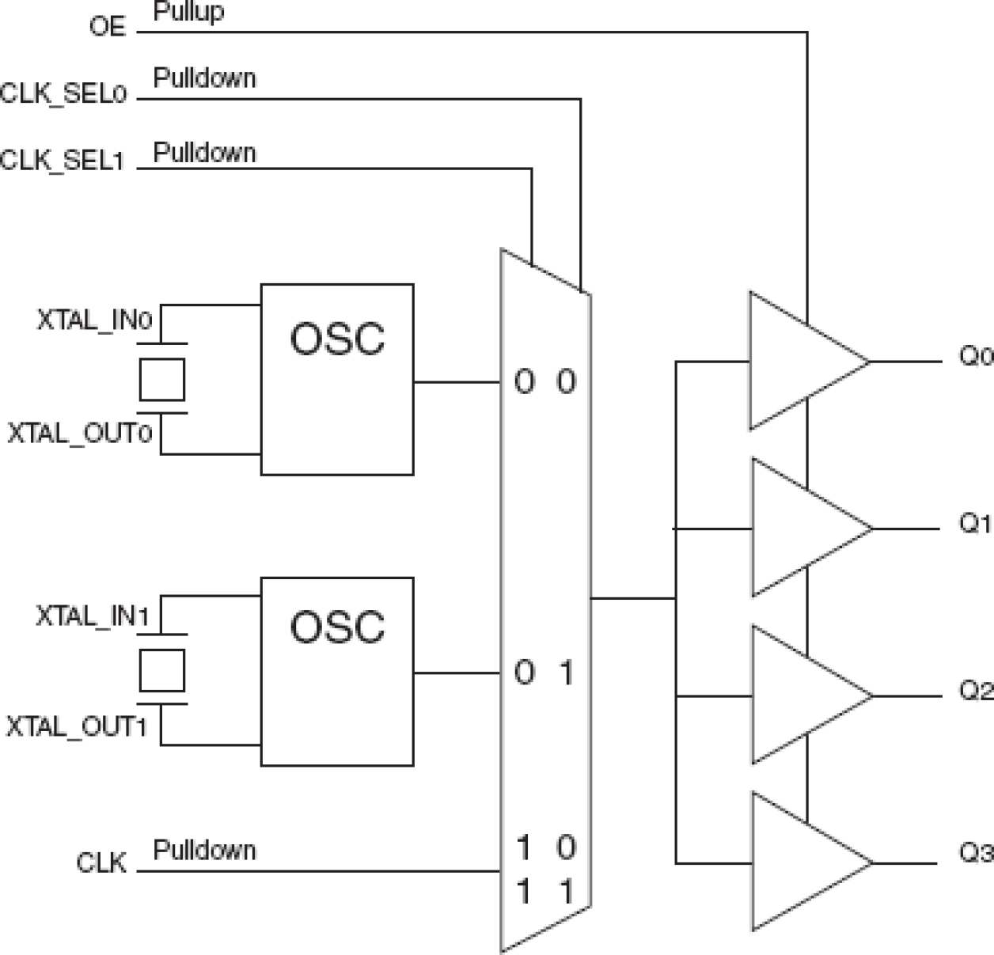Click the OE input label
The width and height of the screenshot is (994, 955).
click(x=108, y=27)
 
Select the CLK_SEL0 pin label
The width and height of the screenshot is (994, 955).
click(x=63, y=94)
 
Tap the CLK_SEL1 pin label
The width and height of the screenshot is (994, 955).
click(x=63, y=161)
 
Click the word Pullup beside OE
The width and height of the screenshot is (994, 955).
click(x=188, y=12)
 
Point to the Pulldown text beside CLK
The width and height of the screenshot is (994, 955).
click(x=204, y=851)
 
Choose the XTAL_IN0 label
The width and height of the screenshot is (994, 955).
click(x=94, y=320)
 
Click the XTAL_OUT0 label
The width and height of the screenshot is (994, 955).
click(x=79, y=434)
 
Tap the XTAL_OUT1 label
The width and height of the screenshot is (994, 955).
click(x=77, y=726)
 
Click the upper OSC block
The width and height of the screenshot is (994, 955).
click(x=337, y=379)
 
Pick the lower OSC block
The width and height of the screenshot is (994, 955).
click(x=337, y=672)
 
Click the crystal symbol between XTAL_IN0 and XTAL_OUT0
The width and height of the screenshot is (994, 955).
click(x=162, y=379)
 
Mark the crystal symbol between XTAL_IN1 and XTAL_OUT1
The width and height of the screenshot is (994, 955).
click(x=162, y=669)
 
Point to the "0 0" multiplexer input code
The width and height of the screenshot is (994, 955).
click(x=545, y=382)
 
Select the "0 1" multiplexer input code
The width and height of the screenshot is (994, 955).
click(x=545, y=673)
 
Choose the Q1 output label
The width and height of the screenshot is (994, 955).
click(x=975, y=524)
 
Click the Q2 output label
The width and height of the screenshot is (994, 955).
click(x=976, y=691)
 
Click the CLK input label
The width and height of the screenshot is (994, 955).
click(x=101, y=862)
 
